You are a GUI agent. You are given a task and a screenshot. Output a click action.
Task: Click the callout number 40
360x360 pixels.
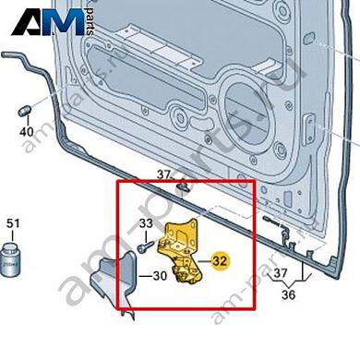click(x=26, y=132)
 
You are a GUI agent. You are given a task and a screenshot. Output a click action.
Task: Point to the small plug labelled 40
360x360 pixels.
click(x=26, y=113)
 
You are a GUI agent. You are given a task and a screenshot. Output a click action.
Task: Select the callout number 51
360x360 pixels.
click(x=12, y=223)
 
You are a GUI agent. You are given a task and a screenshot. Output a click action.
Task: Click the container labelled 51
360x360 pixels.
click(x=13, y=257)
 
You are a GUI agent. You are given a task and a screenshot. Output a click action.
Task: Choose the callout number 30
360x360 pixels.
click(x=159, y=275)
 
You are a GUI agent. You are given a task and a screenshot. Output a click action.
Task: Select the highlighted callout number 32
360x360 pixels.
click(x=220, y=260)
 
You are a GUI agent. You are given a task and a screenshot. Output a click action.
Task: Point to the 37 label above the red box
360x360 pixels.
click(x=163, y=174)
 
